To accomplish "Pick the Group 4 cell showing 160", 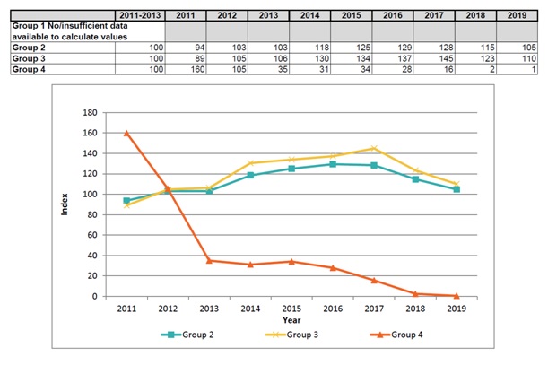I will pyautogui.click(x=186, y=70).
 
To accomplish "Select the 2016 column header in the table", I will pyautogui.click(x=393, y=15).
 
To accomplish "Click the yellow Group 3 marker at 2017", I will pyautogui.click(x=374, y=148).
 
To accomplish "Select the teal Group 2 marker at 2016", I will pyautogui.click(x=333, y=164).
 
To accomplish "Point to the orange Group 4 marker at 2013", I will pyautogui.click(x=208, y=260).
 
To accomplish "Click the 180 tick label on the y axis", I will pyautogui.click(x=89, y=112).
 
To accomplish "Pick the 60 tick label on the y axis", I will pyautogui.click(x=91, y=235).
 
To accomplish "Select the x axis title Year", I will pyautogui.click(x=291, y=318).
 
